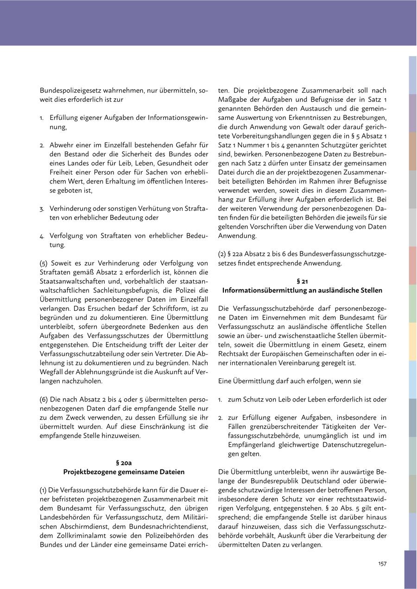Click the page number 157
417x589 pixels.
tap(382, 564)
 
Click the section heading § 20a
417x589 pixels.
tap(124, 463)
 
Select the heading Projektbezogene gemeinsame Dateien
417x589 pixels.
tap(124, 472)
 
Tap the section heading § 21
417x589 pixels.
tap(302, 281)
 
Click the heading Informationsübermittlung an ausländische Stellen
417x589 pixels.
tap(302, 290)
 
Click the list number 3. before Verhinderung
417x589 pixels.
tap(42, 209)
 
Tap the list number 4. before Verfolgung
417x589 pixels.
tap(42, 236)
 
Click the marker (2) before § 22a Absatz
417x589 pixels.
tap(222, 254)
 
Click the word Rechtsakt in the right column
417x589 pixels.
tap(233, 354)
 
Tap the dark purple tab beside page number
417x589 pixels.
tap(410, 569)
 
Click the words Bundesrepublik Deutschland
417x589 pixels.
tap(288, 481)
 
